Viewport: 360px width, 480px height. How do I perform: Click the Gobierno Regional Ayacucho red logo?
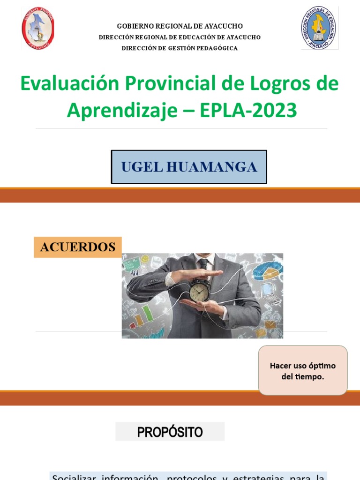coord(38,28)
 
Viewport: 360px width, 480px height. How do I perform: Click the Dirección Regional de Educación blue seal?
coord(319,28)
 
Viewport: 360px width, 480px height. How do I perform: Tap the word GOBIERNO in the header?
coord(134,26)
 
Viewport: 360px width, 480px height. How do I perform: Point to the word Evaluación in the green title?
coord(70,83)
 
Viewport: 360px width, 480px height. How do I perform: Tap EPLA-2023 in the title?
coord(248,111)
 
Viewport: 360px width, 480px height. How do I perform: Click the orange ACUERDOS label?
coord(78,247)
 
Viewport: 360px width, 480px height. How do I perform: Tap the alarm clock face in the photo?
coord(200,292)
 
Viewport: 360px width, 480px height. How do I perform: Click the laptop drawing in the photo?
coord(270,293)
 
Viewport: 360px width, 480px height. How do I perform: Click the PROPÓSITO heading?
coord(170,432)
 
